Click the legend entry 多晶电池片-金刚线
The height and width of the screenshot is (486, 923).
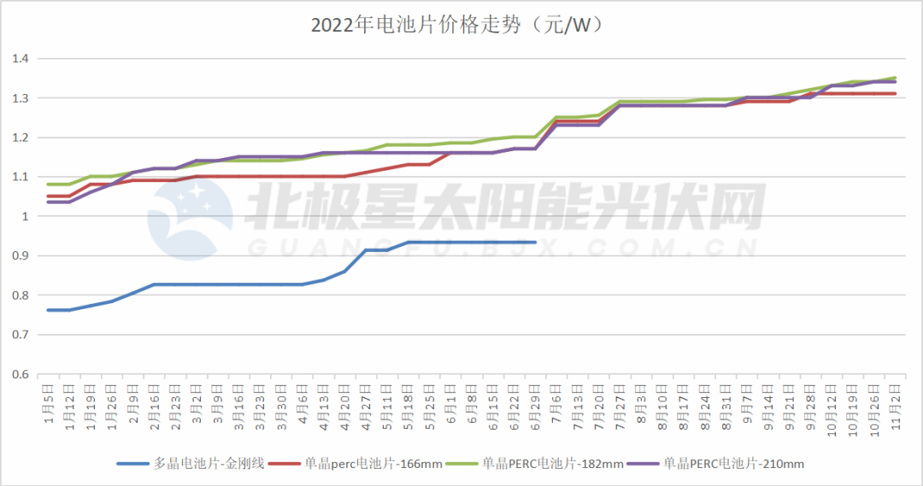[x=209, y=464]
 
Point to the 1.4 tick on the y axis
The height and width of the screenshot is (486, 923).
[x=21, y=59]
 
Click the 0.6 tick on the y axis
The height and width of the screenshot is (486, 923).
[x=21, y=374]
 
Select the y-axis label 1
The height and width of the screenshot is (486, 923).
[x=26, y=216]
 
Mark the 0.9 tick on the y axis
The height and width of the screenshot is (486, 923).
[x=21, y=255]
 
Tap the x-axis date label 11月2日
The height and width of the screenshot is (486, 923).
[x=895, y=399]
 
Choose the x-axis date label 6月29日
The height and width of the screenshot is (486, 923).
[x=535, y=399]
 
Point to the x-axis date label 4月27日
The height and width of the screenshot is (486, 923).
[x=366, y=399]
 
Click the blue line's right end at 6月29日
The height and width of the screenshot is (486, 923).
[x=535, y=242]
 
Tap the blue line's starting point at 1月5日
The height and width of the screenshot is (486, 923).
[x=48, y=310]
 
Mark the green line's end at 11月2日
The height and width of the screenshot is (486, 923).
[x=895, y=78]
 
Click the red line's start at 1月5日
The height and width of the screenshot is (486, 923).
[x=48, y=196]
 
